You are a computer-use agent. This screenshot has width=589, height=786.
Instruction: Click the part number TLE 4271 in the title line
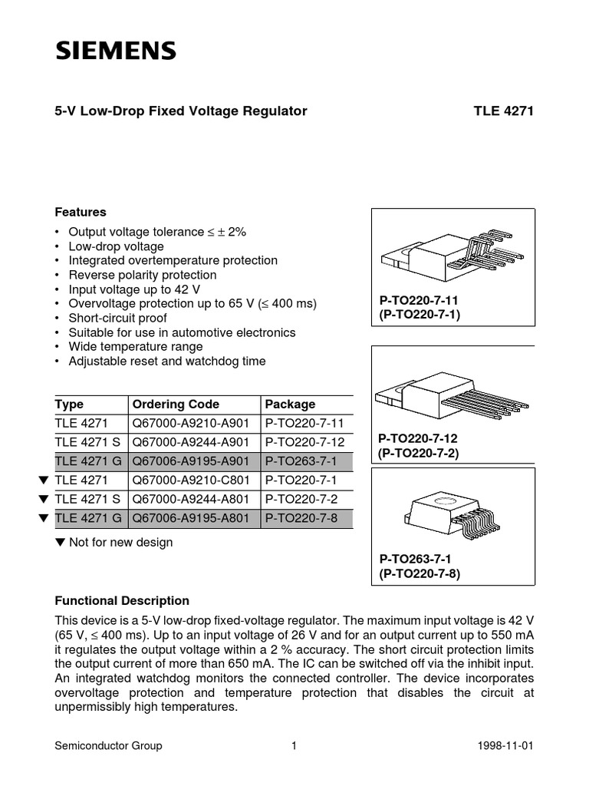pyautogui.click(x=503, y=111)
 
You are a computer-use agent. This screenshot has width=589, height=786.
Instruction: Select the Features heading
pyautogui.click(x=81, y=212)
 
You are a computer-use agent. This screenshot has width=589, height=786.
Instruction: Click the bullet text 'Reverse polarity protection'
pyautogui.click(x=143, y=275)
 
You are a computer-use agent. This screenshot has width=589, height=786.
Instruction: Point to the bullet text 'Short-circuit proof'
pyautogui.click(x=117, y=318)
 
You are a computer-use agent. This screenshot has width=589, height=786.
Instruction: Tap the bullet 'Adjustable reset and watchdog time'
pyautogui.click(x=167, y=361)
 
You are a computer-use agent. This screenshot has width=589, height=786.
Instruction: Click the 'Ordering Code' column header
pyautogui.click(x=176, y=405)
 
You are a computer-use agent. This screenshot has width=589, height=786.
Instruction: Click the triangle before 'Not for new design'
pyautogui.click(x=61, y=543)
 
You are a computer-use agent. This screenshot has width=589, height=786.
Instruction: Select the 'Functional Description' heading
pyautogui.click(x=122, y=601)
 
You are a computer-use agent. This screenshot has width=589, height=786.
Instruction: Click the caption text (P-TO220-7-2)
pyautogui.click(x=420, y=453)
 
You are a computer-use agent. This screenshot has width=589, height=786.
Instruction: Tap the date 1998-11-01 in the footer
pyautogui.click(x=505, y=745)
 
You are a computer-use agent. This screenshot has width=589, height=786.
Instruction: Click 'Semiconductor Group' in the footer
pyautogui.click(x=108, y=745)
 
